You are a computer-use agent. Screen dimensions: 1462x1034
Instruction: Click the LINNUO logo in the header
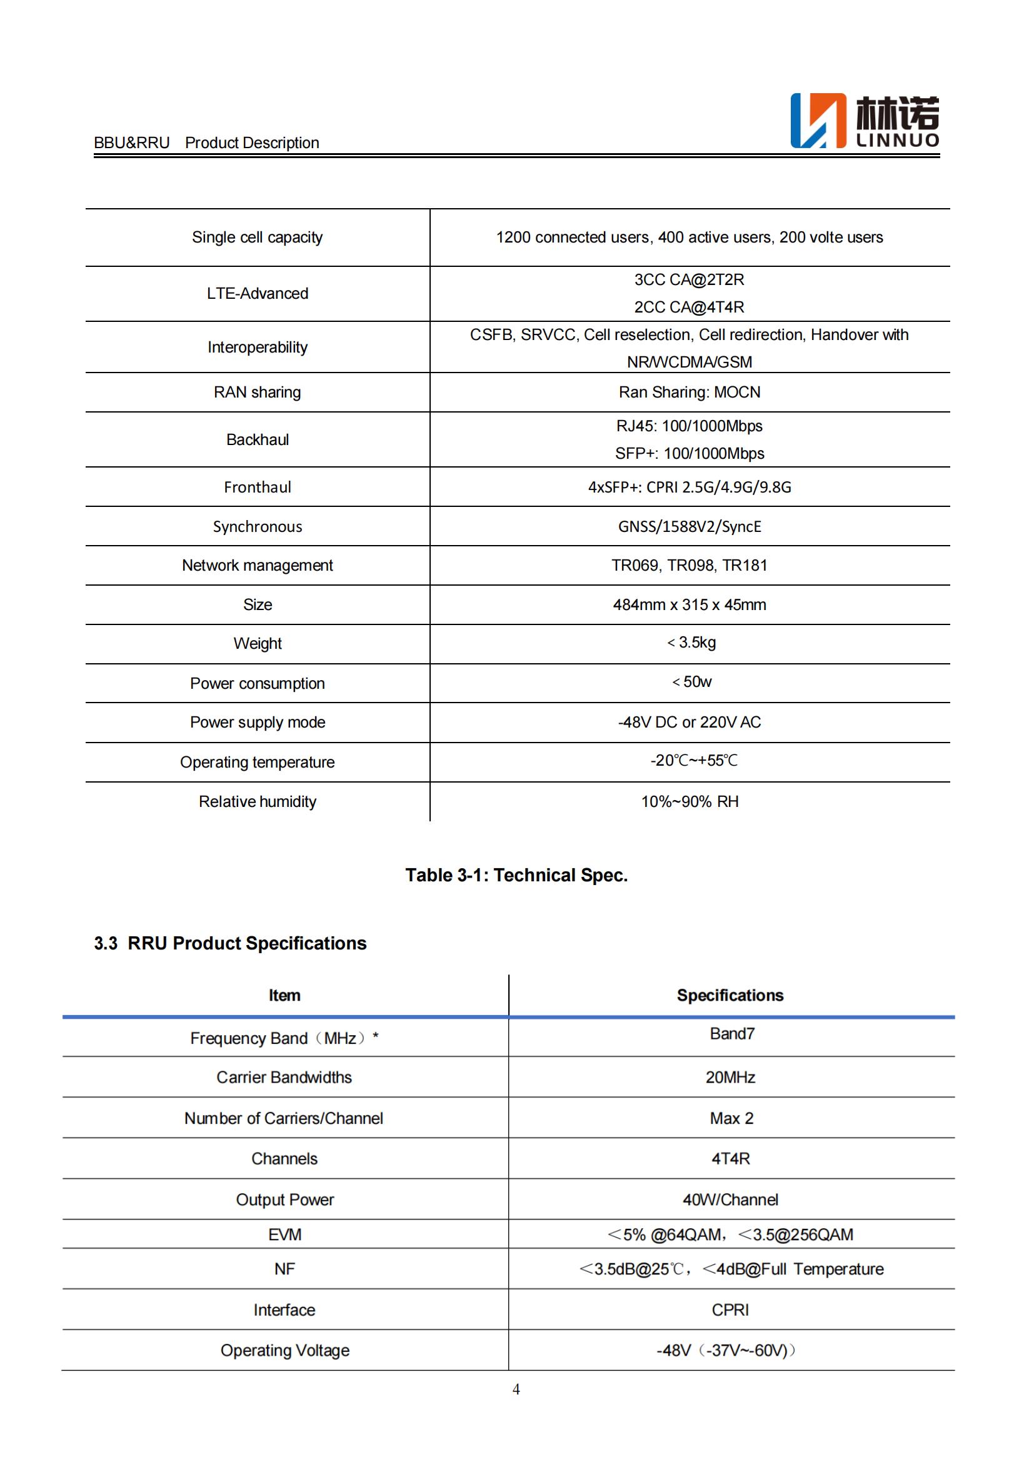tap(864, 121)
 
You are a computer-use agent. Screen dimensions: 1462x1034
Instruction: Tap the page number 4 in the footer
tap(516, 1389)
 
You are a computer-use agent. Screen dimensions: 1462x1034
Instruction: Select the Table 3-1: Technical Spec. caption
tap(516, 875)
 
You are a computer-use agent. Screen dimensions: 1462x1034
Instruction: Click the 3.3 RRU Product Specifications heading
tap(230, 943)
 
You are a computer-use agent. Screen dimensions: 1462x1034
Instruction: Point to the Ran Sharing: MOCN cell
tap(689, 393)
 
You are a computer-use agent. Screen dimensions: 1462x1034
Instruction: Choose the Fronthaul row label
tap(257, 487)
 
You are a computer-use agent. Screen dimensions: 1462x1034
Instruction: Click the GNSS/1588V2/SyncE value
tap(689, 526)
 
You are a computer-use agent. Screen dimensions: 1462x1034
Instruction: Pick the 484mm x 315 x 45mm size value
tap(689, 604)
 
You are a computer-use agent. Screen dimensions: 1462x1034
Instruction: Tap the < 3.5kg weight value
tap(691, 643)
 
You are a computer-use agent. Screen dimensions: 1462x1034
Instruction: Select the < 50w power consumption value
tap(691, 682)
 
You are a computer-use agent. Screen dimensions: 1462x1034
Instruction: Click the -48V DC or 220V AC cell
tap(689, 722)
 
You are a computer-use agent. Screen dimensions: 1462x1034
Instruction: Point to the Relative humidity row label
tap(257, 802)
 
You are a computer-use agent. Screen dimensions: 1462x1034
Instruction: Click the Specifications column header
tap(730, 995)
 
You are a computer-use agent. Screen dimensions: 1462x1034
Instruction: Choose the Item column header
tap(284, 995)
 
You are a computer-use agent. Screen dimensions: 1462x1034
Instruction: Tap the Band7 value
tap(731, 1033)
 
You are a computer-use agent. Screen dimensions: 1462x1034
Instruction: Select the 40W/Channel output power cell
tap(730, 1199)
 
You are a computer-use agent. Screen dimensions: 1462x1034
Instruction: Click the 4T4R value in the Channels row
tap(730, 1158)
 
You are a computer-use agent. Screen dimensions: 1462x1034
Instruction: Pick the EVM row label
tap(284, 1234)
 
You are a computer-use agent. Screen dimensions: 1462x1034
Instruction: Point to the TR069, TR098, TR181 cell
tap(689, 566)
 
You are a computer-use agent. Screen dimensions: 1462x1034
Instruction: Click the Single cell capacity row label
tap(257, 238)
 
